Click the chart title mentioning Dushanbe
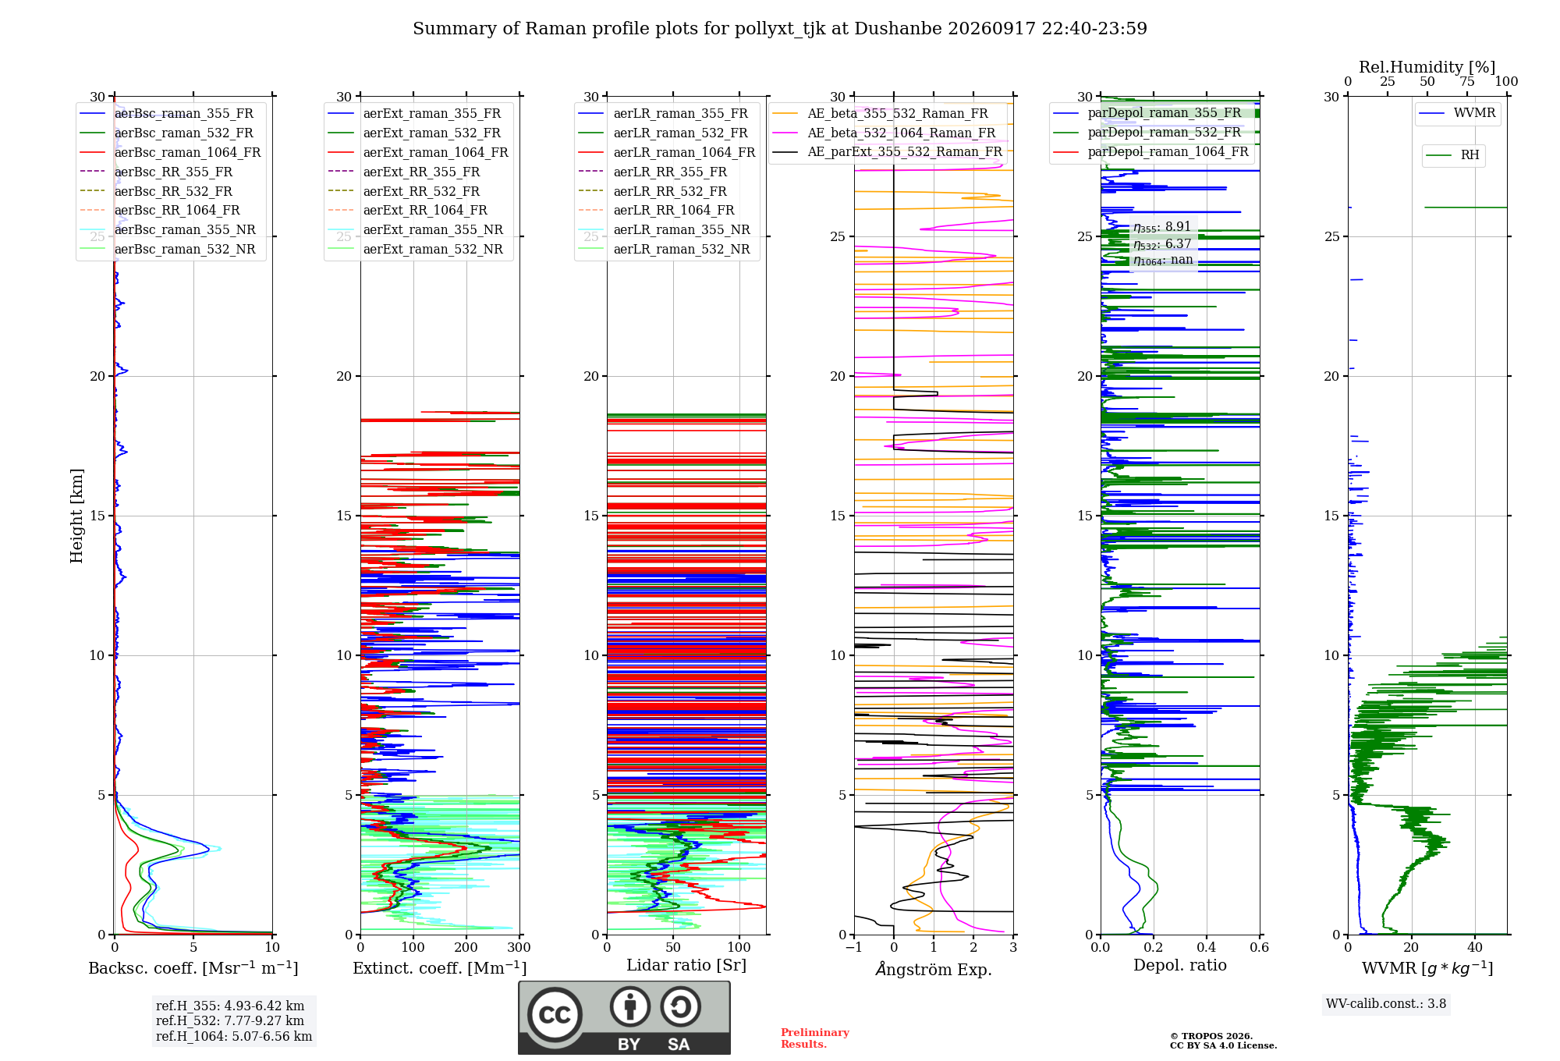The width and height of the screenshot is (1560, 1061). [x=780, y=29]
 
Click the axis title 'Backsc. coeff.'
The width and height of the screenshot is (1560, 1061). [x=193, y=968]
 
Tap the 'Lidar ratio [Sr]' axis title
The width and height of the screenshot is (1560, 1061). [x=686, y=966]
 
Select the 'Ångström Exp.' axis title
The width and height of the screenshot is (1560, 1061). [x=934, y=969]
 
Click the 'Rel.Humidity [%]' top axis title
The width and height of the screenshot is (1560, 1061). [x=1427, y=67]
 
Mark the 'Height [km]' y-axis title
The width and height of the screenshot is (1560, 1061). [x=76, y=516]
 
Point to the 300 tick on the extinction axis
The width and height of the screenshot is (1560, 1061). [x=519, y=948]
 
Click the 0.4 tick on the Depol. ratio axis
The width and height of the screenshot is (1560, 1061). [x=1207, y=948]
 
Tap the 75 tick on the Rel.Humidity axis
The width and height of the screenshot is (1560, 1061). [x=1467, y=82]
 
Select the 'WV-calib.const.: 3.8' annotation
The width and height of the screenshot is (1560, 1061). [x=1386, y=1004]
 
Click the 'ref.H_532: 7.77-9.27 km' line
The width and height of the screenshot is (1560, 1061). [x=230, y=1020]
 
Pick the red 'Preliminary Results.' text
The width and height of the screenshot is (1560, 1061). [x=815, y=1038]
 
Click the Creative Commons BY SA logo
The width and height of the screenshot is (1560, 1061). [x=625, y=1018]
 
